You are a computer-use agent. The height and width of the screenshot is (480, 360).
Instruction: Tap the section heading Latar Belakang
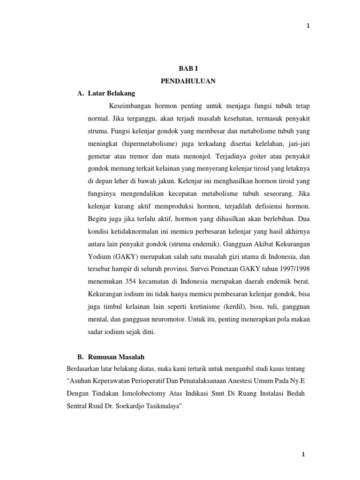pyautogui.click(x=111, y=93)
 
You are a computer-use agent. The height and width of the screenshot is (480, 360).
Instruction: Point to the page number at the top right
pyautogui.click(x=308, y=26)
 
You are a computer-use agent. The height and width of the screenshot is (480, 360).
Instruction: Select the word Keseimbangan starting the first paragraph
pyautogui.click(x=131, y=106)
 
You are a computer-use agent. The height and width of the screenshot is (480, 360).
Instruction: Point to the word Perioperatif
pyautogui.click(x=157, y=380)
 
